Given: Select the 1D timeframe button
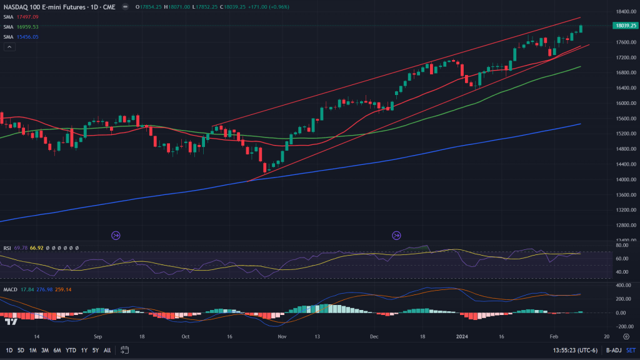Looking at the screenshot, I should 8,350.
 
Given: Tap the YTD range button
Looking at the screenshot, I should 70,350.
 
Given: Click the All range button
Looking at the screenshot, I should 107,350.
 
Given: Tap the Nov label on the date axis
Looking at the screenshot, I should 281,336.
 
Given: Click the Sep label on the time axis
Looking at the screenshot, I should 97,336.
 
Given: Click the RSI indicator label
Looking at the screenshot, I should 7,248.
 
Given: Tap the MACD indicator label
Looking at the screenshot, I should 10,289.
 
